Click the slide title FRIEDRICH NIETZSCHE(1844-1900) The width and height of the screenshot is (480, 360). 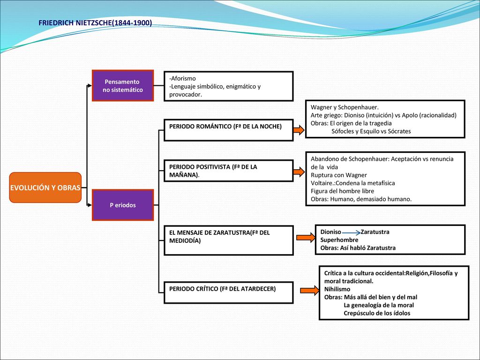95,23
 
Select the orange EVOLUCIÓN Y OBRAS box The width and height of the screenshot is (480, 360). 45,187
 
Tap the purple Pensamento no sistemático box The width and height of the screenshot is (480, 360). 123,85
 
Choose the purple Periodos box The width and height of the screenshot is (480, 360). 123,205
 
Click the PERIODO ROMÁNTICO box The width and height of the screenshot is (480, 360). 228,130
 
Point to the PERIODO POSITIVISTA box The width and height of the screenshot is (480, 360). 228,171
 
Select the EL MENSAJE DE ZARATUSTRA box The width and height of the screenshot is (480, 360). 228,240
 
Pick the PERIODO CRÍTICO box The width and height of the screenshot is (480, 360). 228,292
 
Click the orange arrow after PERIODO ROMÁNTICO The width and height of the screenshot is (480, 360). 299,130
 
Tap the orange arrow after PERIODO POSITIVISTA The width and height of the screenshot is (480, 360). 299,172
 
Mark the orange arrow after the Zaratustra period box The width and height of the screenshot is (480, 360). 306,237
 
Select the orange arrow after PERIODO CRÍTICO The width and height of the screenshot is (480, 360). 309,290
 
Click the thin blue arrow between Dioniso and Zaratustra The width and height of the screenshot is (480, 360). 351,233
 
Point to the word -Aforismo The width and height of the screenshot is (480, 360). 182,78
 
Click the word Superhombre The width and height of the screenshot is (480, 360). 339,240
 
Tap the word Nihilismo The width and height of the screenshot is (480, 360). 337,289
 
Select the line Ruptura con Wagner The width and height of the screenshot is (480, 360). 338,175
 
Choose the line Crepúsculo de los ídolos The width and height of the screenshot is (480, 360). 377,313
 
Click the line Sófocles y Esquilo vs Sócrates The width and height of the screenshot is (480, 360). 371,131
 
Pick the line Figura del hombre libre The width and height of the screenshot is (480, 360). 342,191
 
